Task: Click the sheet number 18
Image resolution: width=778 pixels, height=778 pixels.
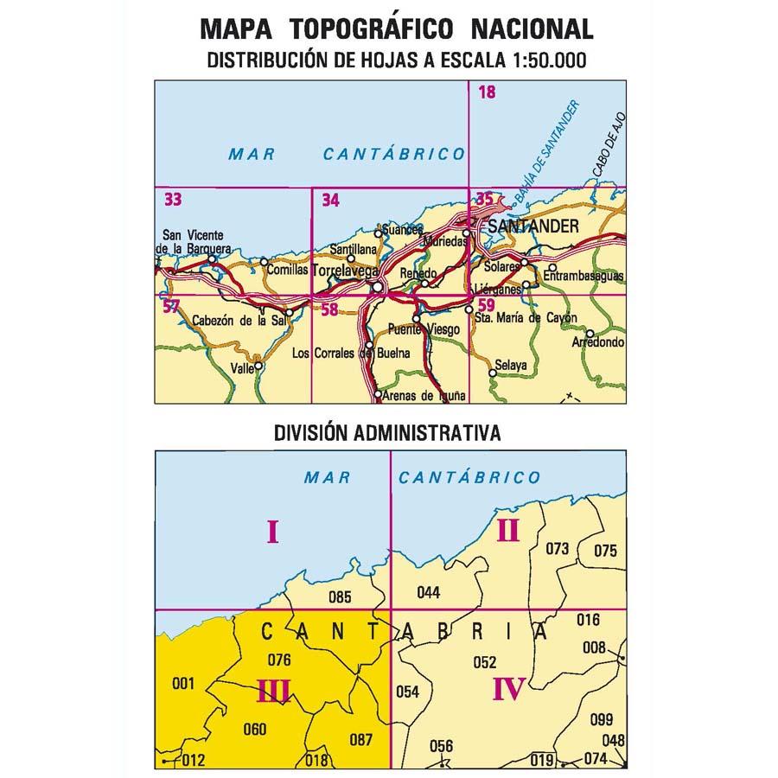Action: (x=487, y=92)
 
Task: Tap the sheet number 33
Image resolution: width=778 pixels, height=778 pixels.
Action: (x=173, y=201)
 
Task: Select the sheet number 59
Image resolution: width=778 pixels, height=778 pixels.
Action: (x=487, y=304)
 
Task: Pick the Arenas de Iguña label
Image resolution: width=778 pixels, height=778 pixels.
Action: (x=425, y=396)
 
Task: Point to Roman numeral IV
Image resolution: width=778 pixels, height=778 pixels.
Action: (x=509, y=689)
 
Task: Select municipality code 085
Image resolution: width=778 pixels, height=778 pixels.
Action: (x=341, y=596)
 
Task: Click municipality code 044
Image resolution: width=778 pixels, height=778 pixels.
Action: (x=428, y=592)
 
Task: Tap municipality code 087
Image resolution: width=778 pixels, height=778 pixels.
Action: (x=360, y=739)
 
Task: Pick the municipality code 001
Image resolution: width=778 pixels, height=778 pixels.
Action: (x=182, y=685)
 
